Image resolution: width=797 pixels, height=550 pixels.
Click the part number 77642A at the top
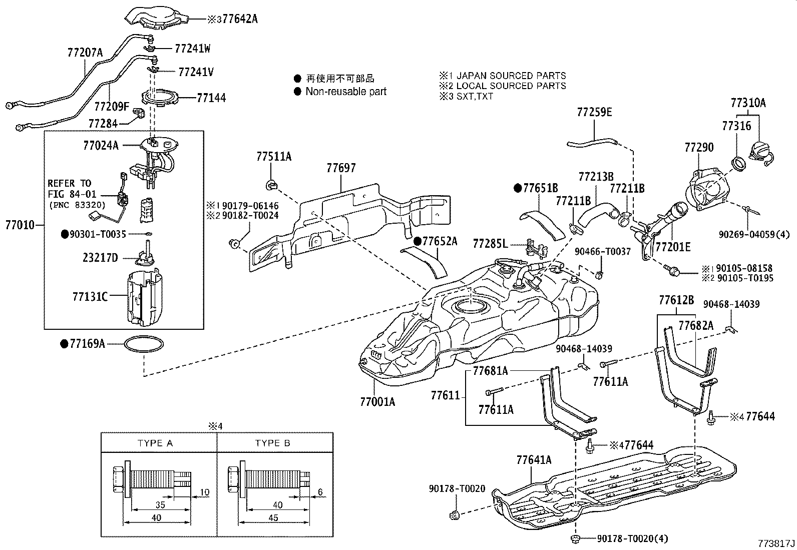(x=240, y=20)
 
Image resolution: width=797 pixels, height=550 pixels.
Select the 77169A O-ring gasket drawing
(x=144, y=344)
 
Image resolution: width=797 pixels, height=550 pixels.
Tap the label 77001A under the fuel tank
(x=377, y=401)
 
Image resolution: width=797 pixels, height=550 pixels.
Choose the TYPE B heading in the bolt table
(x=272, y=443)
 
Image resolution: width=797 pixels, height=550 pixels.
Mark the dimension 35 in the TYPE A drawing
(x=160, y=505)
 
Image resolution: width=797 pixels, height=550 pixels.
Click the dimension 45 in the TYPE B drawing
(x=273, y=517)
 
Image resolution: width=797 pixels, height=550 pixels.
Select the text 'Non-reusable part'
(x=346, y=92)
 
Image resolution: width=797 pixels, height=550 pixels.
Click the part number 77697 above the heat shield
(x=341, y=168)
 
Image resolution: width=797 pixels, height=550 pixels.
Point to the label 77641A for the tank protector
(x=534, y=460)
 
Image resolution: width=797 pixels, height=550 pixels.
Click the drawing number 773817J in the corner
(x=775, y=542)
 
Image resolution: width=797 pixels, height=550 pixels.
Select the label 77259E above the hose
(x=594, y=112)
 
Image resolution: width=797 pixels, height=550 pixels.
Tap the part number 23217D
(x=100, y=258)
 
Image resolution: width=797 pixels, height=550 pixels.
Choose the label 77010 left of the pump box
(x=20, y=225)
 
